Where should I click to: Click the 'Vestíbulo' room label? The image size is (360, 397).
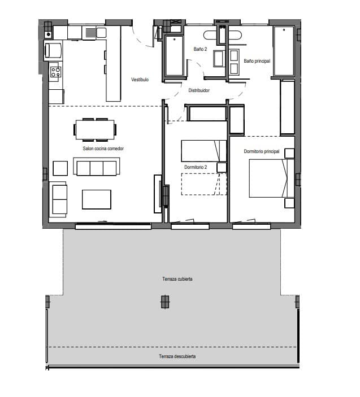140,80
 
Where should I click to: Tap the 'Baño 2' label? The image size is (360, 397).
200,50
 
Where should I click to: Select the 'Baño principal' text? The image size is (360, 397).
257,60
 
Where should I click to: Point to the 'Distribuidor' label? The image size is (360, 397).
199,90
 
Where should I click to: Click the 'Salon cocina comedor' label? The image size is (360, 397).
103,149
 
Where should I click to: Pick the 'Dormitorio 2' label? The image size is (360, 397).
196,167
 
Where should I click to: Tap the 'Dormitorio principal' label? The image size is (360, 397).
262,151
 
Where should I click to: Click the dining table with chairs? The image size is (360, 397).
96,129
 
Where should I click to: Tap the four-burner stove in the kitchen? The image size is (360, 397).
55,72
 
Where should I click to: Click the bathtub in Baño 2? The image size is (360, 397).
174,56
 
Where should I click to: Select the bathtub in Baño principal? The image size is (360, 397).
283,51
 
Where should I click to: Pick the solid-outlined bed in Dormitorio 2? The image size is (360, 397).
201,151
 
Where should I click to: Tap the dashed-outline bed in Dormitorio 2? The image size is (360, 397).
201,184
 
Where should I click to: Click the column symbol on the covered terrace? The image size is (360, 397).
164,302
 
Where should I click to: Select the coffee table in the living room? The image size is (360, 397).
97,199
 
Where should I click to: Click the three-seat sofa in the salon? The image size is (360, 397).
96,167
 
